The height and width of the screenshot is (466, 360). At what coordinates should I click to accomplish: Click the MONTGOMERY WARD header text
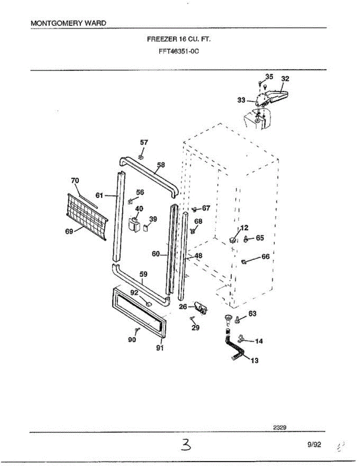pos(68,23)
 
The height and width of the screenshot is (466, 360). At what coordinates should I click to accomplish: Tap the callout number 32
pos(285,78)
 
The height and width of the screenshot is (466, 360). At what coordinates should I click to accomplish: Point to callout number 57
pos(144,143)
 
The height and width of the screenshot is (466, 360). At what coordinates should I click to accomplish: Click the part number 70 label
pos(75,180)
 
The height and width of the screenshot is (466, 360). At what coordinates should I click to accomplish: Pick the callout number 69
pos(70,231)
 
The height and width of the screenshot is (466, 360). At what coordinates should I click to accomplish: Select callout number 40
pos(139,209)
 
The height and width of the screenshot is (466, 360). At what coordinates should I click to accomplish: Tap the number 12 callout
pos(245,228)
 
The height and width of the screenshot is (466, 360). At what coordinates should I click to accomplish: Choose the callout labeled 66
pos(266,257)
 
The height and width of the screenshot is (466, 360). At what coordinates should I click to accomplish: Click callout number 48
pos(198,256)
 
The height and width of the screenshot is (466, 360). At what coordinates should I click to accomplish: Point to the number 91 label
pos(160,348)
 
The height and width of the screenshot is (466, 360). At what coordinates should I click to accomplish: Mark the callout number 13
pos(254,361)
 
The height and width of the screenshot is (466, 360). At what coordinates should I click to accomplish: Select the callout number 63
pos(252,313)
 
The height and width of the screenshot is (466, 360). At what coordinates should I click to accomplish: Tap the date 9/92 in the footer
pos(314,445)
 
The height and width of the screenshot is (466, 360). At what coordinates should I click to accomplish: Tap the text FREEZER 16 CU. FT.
pos(179,39)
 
